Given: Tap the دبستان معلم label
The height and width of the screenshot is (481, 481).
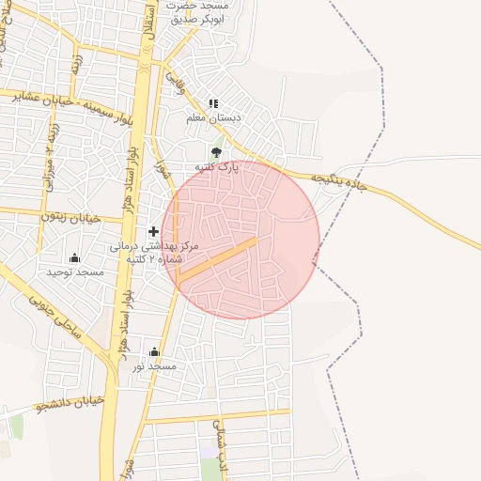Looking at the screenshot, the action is [213, 118].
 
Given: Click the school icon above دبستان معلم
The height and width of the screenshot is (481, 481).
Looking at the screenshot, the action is [213, 103].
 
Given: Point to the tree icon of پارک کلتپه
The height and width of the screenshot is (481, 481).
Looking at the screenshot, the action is [217, 152].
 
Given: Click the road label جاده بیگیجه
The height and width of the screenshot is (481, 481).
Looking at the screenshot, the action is [337, 181].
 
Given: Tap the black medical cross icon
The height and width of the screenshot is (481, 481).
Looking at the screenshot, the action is [153, 231].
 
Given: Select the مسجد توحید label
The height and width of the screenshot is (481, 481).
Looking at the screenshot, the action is [75, 272].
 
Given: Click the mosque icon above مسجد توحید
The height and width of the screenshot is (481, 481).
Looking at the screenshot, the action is [75, 257].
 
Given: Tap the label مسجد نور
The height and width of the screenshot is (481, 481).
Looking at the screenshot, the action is [154, 366].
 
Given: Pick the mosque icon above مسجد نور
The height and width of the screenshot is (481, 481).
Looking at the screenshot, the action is [154, 352].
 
